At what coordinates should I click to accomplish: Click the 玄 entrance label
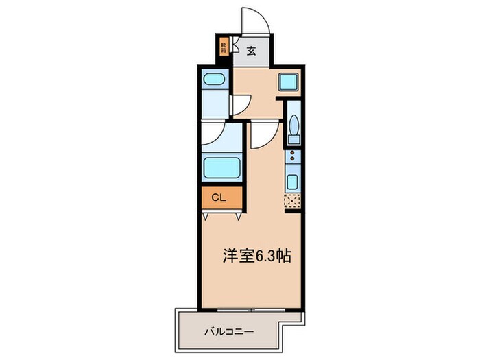pyautogui.click(x=251, y=49)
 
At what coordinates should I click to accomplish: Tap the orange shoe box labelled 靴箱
pyautogui.click(x=223, y=48)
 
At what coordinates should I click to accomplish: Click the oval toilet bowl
pyautogui.click(x=293, y=126)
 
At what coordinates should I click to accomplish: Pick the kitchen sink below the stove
pyautogui.click(x=293, y=183)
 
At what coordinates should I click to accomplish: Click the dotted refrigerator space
pyautogui.click(x=293, y=202)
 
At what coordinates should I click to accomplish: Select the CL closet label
pyautogui.click(x=219, y=197)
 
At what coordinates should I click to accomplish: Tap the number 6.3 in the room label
pyautogui.click(x=265, y=256)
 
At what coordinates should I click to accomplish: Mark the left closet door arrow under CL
pyautogui.click(x=206, y=216)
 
